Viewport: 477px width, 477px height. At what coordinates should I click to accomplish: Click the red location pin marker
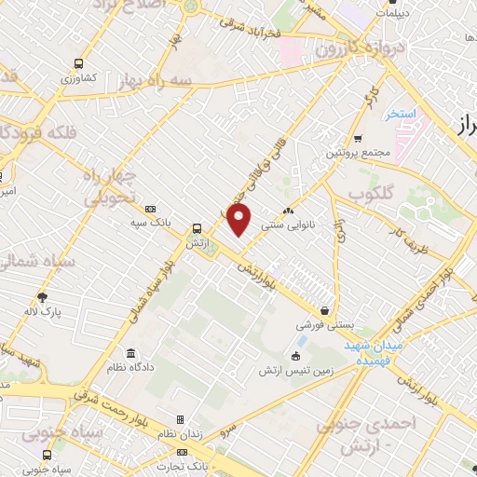tap(239, 220)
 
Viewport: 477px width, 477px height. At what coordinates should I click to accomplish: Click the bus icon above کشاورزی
tap(79, 65)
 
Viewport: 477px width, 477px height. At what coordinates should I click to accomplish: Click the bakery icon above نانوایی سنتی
tap(287, 211)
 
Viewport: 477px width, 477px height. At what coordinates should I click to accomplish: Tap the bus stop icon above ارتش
tap(196, 227)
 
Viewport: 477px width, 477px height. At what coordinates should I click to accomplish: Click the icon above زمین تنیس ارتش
tap(297, 355)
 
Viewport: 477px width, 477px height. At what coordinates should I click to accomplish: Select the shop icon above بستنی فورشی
tap(323, 310)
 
